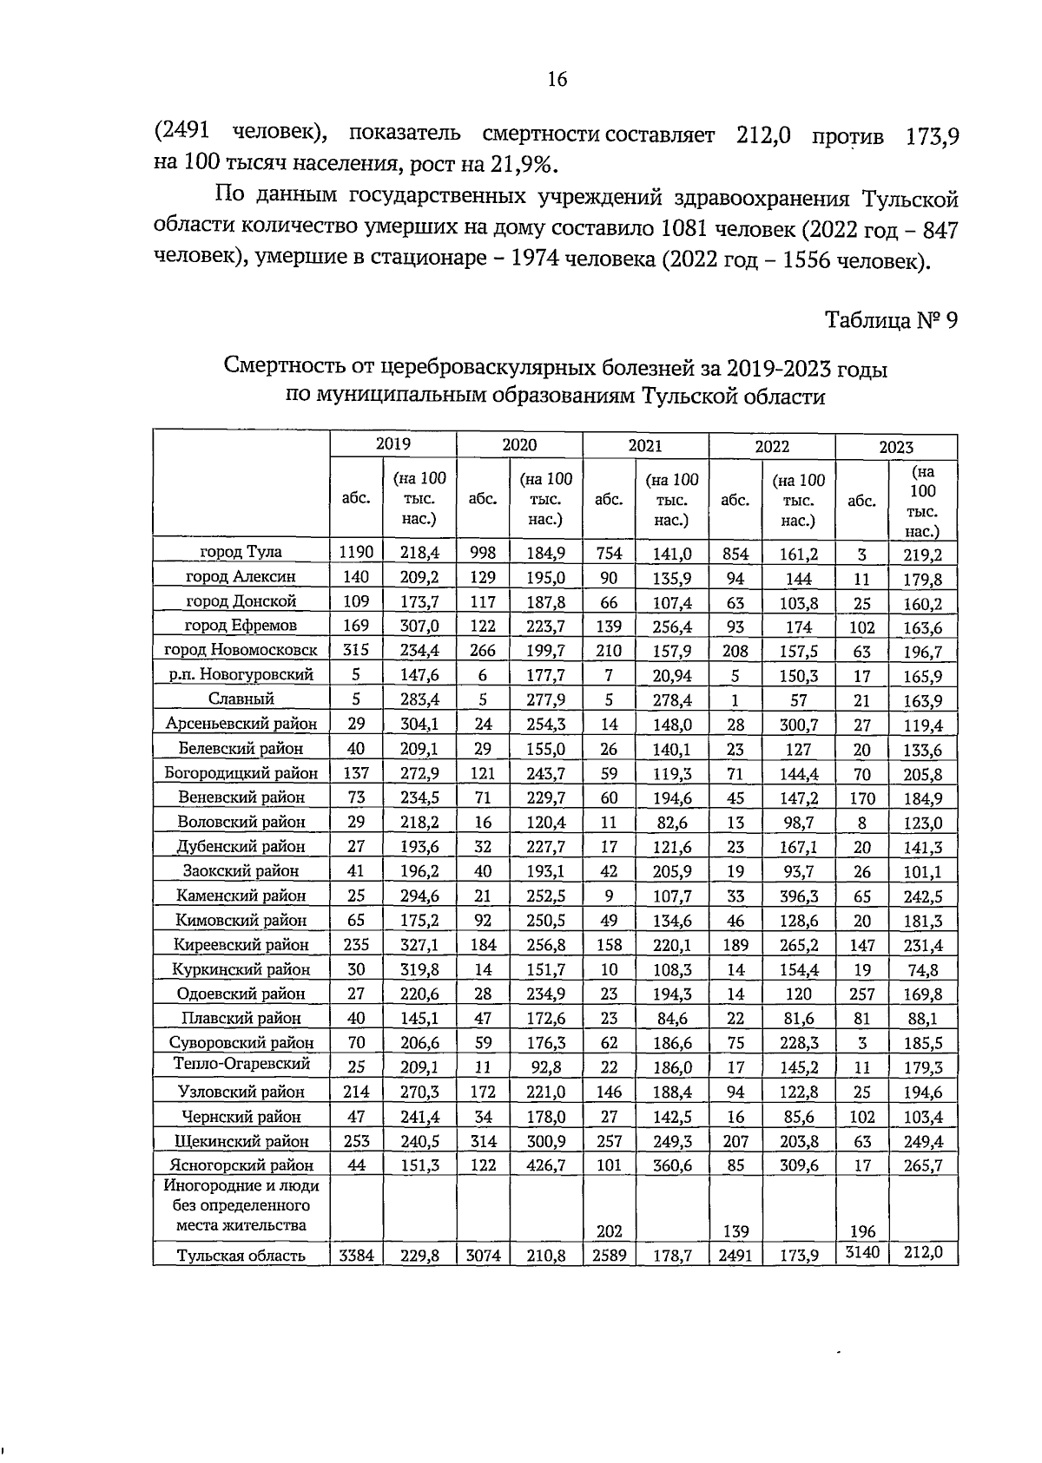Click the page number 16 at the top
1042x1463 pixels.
[557, 80]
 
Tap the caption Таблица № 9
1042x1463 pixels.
[891, 320]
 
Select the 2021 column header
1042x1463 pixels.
[645, 446]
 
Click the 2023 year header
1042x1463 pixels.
[896, 447]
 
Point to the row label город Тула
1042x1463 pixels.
[241, 552]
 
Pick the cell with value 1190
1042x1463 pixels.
[356, 553]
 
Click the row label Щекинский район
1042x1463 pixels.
[241, 1141]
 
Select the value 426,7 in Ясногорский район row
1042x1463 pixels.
[545, 1165]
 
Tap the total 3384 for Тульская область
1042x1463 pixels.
[356, 1255]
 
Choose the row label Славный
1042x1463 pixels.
[241, 699]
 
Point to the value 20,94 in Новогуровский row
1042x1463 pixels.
[672, 675]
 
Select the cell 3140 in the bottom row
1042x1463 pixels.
[861, 1252]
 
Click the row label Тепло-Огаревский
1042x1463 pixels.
[241, 1064]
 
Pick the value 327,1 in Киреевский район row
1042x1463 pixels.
[419, 945]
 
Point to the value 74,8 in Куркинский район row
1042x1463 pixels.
[923, 970]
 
